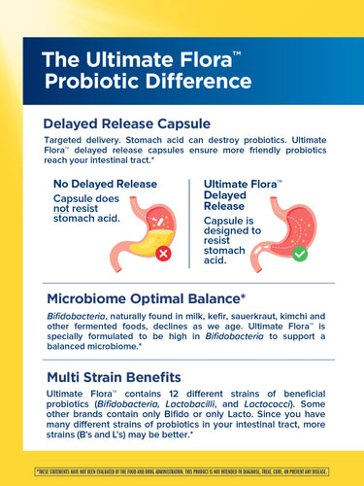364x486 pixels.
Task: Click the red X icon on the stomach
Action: click(x=162, y=253)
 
